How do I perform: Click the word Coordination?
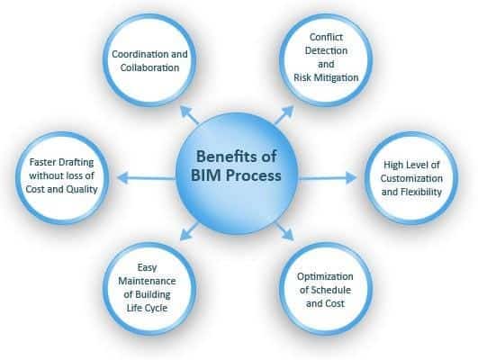137,54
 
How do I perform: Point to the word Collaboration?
149,67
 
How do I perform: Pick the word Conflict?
326,37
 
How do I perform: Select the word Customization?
411,178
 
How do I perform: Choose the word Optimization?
325,276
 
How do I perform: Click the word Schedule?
330,290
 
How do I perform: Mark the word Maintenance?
147,281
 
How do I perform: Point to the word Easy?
148,267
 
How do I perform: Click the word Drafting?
77,162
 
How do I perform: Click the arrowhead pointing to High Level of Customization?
351,177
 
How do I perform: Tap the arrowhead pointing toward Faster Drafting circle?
122,177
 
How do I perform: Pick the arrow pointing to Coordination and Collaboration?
189,114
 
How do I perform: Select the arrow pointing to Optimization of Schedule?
285,231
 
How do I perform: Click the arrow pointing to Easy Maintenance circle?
189,231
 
